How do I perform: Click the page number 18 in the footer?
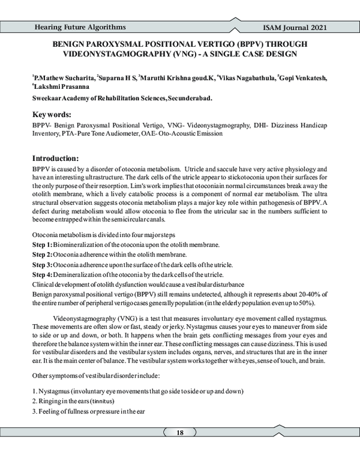point(180,433)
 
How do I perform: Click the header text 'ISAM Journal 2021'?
point(295,28)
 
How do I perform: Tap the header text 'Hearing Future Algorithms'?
point(80,28)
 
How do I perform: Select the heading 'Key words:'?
point(52,114)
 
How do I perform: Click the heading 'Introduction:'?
point(56,158)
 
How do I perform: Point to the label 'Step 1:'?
point(42,246)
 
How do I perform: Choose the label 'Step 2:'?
point(42,255)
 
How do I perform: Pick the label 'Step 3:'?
point(42,265)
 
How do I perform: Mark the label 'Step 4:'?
point(42,274)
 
